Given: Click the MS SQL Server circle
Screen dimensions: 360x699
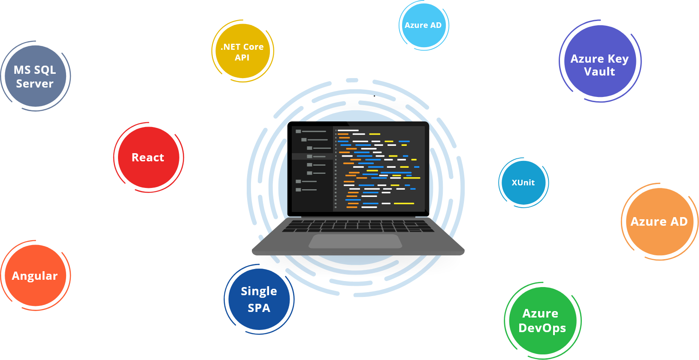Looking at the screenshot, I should pyautogui.click(x=36, y=76).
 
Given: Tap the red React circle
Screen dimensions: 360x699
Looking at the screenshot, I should pyautogui.click(x=148, y=157).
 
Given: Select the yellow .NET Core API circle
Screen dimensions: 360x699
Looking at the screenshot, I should pyautogui.click(x=242, y=51).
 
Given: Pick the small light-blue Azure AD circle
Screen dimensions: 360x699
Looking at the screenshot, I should pyautogui.click(x=423, y=25).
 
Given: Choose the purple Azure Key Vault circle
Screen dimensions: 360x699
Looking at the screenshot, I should pyautogui.click(x=599, y=61).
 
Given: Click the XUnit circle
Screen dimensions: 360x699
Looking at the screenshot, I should pyautogui.click(x=523, y=183).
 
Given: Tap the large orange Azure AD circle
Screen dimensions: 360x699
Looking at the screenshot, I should pyautogui.click(x=659, y=222).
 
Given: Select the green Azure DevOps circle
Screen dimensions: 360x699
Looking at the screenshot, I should pyautogui.click(x=542, y=321).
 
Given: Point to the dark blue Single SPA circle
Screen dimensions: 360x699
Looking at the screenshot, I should pyautogui.click(x=259, y=299).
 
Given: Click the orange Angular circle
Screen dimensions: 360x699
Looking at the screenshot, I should pyautogui.click(x=35, y=275).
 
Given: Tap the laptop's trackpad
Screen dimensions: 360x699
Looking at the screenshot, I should pyautogui.click(x=355, y=241).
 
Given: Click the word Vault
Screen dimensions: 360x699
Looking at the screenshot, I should pyautogui.click(x=599, y=72).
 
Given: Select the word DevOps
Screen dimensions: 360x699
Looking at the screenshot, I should pyautogui.click(x=542, y=328).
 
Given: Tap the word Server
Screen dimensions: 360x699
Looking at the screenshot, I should pyautogui.click(x=35, y=84).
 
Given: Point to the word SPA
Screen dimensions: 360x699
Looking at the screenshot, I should pyautogui.click(x=259, y=308).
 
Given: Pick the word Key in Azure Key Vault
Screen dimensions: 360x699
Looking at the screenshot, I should pyautogui.click(x=618, y=59).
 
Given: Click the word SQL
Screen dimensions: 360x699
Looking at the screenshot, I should pyautogui.click(x=45, y=70).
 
